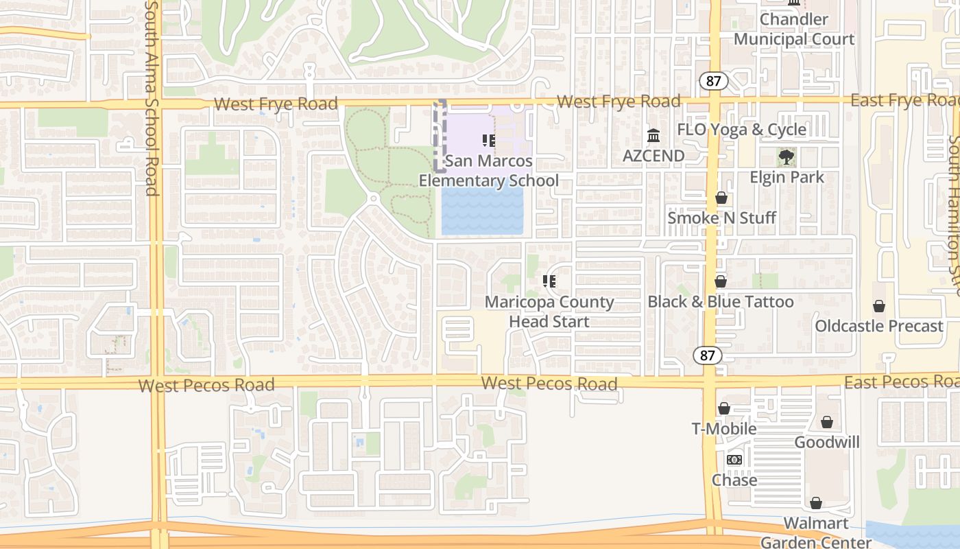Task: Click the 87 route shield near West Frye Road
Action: pos(714,81)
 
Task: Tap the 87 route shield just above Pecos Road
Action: pos(707,355)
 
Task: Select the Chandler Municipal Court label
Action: pos(794,30)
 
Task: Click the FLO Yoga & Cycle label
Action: pos(741,130)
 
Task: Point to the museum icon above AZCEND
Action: pos(653,135)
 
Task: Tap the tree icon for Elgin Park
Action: pos(787,157)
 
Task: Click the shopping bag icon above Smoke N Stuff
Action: pos(721,198)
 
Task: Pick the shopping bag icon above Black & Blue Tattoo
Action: pos(721,281)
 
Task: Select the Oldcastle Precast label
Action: pos(879,326)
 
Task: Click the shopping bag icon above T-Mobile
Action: pos(724,409)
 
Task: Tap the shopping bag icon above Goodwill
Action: pos(827,422)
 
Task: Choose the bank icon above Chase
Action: pos(734,460)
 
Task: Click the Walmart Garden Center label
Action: pos(816,533)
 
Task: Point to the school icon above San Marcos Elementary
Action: pos(489,141)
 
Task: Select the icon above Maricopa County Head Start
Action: pos(549,281)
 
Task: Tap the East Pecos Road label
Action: pos(901,382)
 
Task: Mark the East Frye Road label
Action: pos(904,101)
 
